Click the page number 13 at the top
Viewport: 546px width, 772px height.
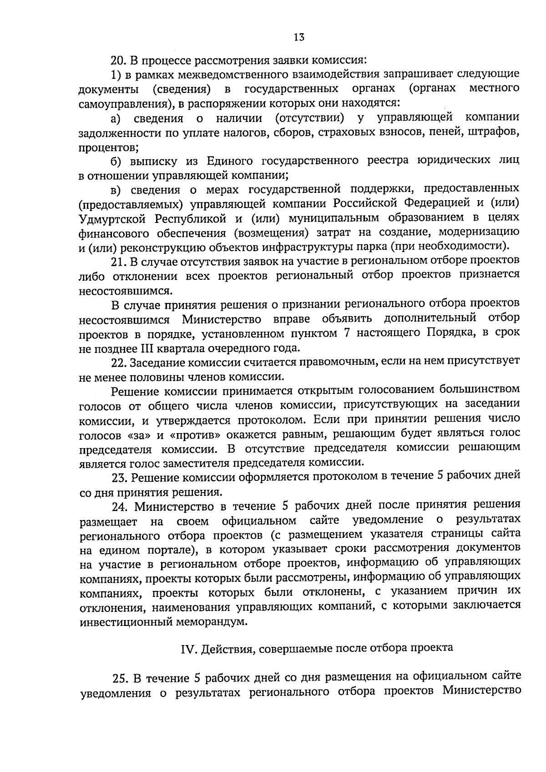pyautogui.click(x=299, y=37)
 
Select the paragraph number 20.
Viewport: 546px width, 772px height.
pyautogui.click(x=119, y=60)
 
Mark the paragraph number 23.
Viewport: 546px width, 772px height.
pyautogui.click(x=120, y=478)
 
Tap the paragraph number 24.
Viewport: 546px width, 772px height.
pyautogui.click(x=121, y=506)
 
